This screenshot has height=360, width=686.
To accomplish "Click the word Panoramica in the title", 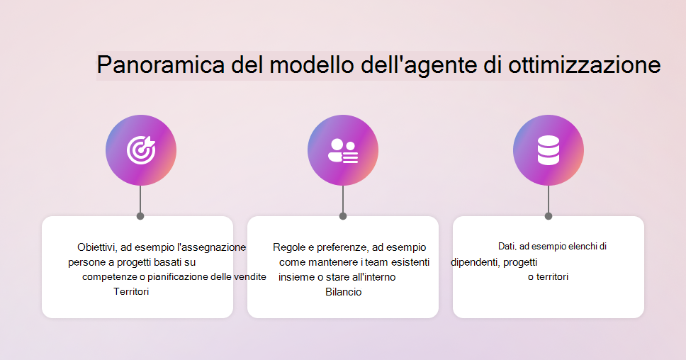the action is (x=161, y=65).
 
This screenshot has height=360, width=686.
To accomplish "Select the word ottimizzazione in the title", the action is (x=584, y=65).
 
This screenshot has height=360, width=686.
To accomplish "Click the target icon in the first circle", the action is (x=141, y=150).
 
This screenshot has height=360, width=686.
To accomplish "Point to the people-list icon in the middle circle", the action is (x=343, y=150).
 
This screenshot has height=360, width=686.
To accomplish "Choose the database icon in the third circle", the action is (x=549, y=150).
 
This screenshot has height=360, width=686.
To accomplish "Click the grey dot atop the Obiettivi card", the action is (x=140, y=216).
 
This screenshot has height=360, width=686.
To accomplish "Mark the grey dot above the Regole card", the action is (x=343, y=216).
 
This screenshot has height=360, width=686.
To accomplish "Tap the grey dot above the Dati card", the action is (x=549, y=216).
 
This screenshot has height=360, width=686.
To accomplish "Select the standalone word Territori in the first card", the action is (x=131, y=292).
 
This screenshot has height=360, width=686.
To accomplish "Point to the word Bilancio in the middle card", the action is (x=344, y=292).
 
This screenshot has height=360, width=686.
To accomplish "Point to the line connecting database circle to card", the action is (x=549, y=199).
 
